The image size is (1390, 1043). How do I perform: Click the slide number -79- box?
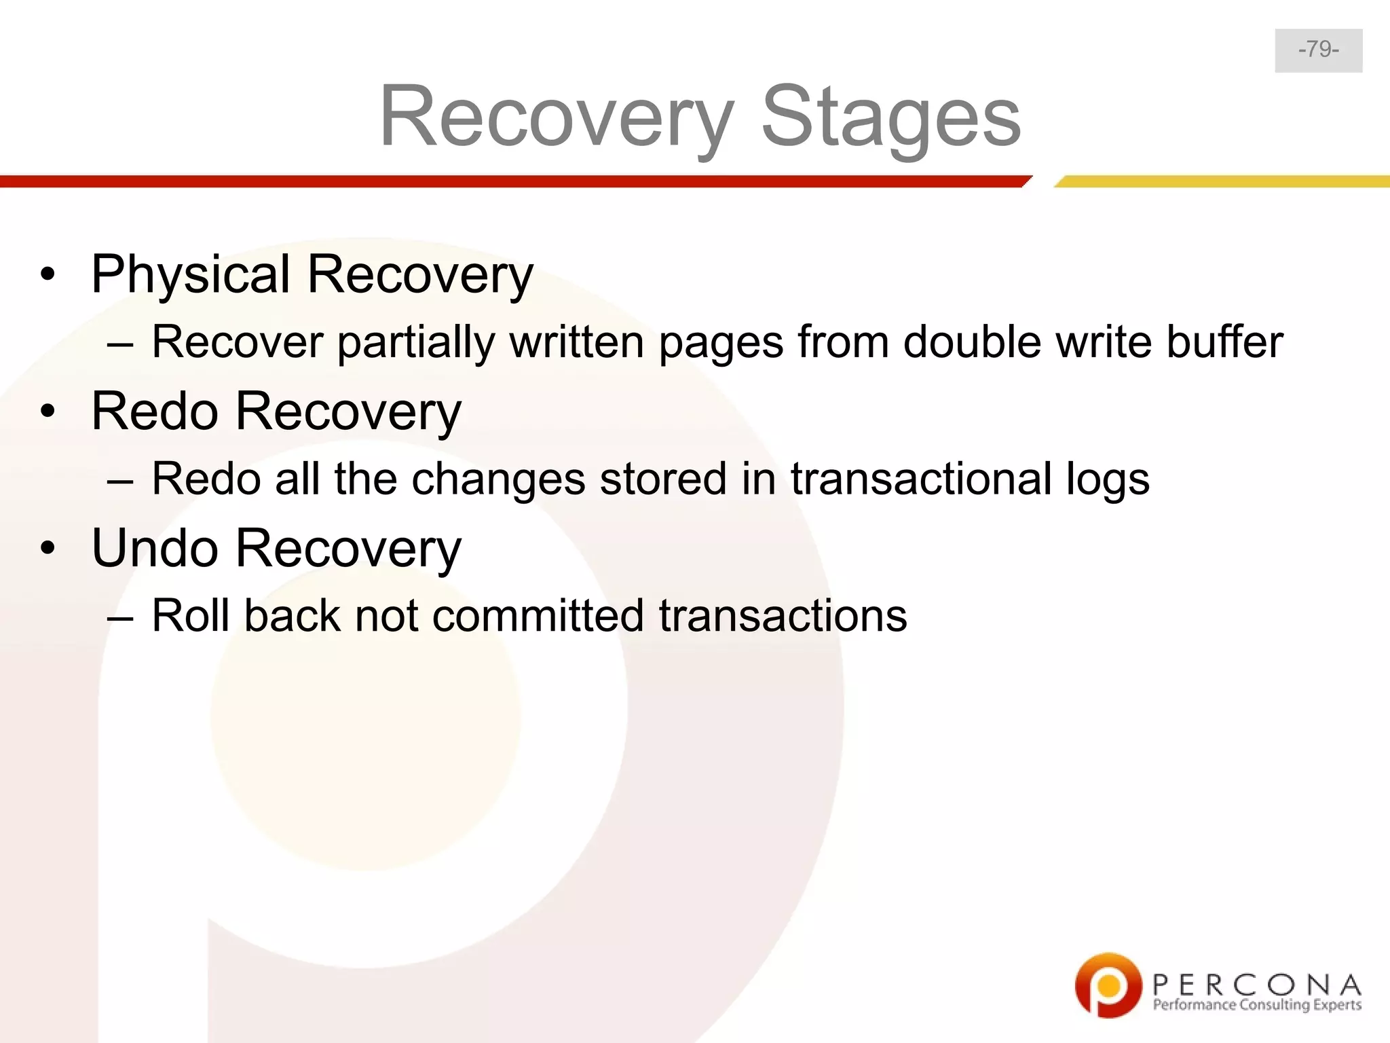1318,50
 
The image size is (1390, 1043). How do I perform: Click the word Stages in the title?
890,117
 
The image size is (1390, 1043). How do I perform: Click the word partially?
416,343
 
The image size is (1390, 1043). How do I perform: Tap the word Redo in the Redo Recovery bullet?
155,411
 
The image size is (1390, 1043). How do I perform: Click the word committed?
538,616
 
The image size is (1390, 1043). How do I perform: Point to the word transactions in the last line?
783,616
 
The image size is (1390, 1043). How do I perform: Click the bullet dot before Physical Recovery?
47,276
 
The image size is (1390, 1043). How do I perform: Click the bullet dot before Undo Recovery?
47,549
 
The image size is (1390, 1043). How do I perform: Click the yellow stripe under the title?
1222,181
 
